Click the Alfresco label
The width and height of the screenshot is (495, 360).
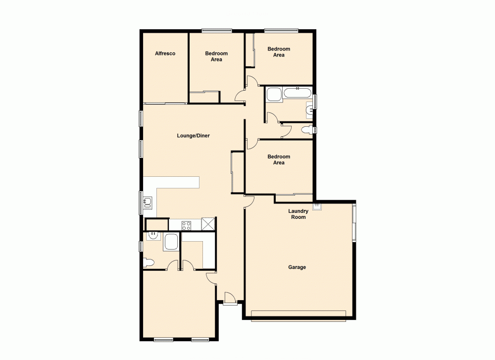165,53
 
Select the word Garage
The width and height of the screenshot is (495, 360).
297,267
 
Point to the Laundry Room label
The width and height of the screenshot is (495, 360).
298,214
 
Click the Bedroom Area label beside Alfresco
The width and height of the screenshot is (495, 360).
216,56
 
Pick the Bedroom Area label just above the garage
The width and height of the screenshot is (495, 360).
279,159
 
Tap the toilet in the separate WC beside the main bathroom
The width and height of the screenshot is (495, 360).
307,130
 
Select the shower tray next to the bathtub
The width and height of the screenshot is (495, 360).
274,95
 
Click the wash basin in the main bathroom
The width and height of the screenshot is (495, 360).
309,109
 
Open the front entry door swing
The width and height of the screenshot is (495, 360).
229,299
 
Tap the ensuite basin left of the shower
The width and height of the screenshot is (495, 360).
153,237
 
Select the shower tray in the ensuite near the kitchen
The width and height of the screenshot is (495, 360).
171,242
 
